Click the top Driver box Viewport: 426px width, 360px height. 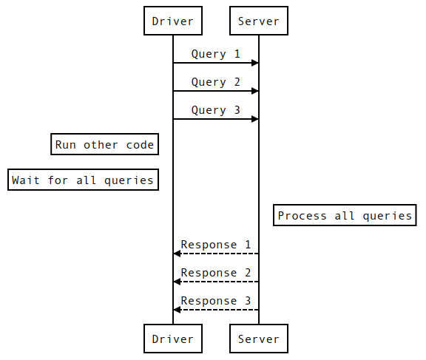pos(173,21)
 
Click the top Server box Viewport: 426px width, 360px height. pos(259,21)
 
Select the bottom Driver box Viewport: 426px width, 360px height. pos(173,339)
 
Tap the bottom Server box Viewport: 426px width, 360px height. pos(259,339)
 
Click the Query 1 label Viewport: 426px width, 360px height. pos(215,54)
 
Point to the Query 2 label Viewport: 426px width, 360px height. pos(215,82)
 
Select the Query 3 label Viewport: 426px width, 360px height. pos(215,110)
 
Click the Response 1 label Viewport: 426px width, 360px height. pos(215,245)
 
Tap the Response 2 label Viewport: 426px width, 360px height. pos(215,273)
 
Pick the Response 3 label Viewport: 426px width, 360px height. pos(215,301)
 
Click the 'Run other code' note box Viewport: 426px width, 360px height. pos(104,145)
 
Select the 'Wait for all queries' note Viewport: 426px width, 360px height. pos(83,180)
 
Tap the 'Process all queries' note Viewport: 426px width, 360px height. pos(345,216)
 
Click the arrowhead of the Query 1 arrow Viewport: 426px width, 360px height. pos(254,63)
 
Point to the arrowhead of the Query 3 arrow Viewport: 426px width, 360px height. pos(254,119)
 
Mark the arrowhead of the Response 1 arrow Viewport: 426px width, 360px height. pos(177,254)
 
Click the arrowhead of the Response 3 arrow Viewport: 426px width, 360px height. pos(177,310)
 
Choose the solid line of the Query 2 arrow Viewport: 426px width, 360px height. pos(214,91)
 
